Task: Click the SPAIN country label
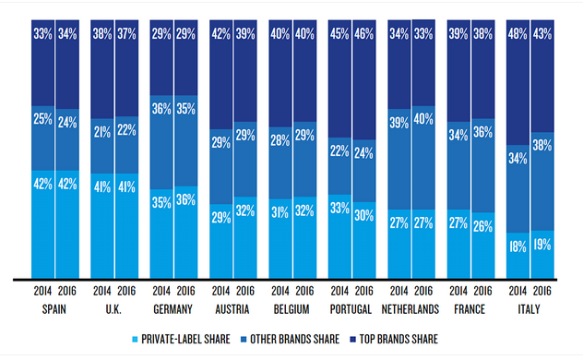[x=54, y=308]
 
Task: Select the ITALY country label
[x=529, y=308]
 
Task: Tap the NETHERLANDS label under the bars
[x=410, y=308]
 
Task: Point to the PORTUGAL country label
[x=351, y=308]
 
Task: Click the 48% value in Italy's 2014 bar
[x=518, y=35]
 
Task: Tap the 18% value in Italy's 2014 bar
[x=518, y=246]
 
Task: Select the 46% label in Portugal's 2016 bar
[x=363, y=35]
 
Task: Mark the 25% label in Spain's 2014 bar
[x=42, y=118]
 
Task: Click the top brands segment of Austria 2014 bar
[x=221, y=74]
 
